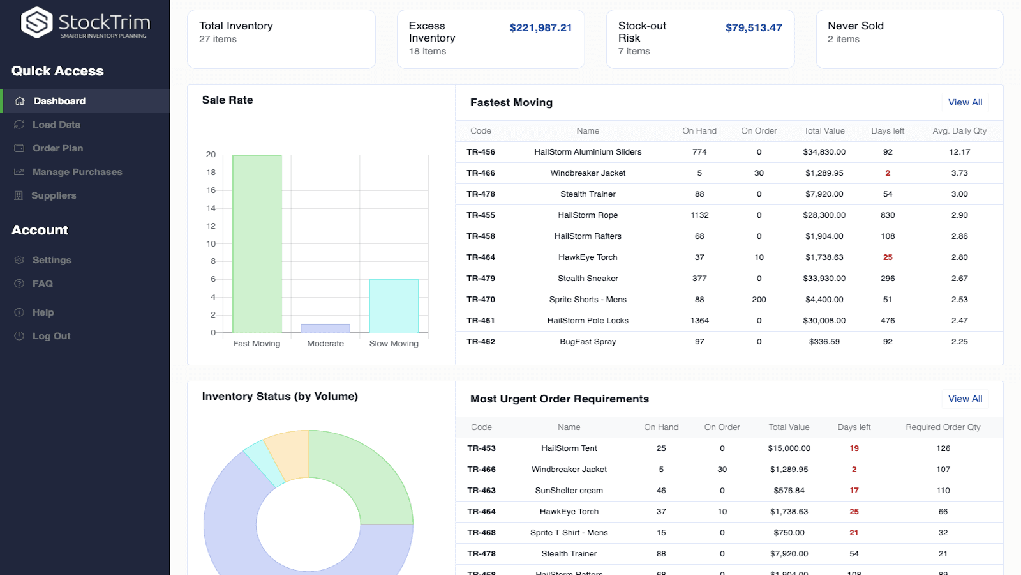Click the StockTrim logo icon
click(x=36, y=23)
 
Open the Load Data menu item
click(x=56, y=125)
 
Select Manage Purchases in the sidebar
click(x=77, y=172)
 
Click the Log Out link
click(x=51, y=336)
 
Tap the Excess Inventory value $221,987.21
click(x=540, y=27)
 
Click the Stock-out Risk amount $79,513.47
click(x=753, y=27)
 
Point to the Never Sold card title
click(x=855, y=26)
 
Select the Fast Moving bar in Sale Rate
click(x=257, y=243)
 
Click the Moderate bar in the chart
click(x=325, y=328)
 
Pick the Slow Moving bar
click(x=394, y=305)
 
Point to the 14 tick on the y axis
click(x=211, y=208)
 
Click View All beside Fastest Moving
click(x=964, y=102)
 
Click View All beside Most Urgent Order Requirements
click(x=964, y=399)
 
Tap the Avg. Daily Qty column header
click(x=958, y=131)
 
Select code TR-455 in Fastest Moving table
click(x=481, y=215)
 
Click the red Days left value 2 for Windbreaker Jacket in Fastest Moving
click(x=887, y=173)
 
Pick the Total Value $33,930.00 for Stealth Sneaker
click(x=824, y=279)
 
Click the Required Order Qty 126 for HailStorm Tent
click(x=943, y=448)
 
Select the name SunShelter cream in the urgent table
click(x=569, y=491)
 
